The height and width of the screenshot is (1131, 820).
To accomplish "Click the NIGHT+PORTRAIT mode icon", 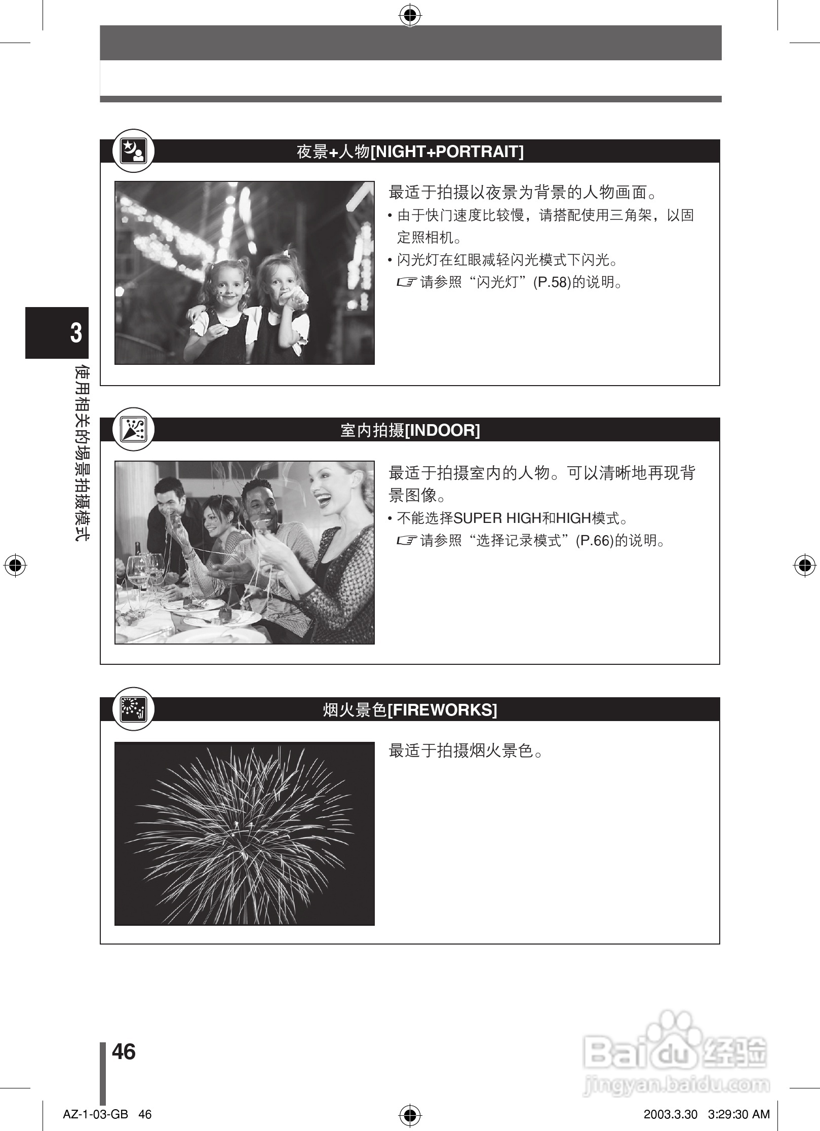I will tap(133, 150).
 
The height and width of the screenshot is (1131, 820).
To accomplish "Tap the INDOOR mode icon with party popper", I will tap(133, 429).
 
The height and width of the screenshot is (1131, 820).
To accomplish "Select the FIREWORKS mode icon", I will tap(133, 709).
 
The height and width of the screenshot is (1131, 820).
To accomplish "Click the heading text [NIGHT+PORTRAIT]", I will tap(447, 152).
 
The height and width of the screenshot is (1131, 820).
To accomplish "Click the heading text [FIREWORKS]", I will tap(442, 710).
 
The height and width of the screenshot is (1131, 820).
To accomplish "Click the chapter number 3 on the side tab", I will tap(76, 333).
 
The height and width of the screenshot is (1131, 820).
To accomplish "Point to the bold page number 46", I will tap(124, 1051).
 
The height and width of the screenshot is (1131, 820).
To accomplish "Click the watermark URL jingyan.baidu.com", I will tap(677, 1085).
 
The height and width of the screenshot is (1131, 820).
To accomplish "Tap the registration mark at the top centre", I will tap(410, 16).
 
